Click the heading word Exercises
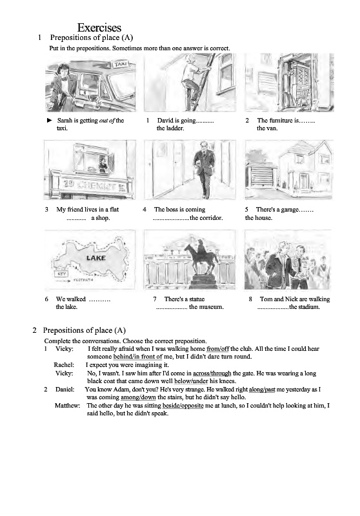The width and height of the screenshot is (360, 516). [x=99, y=27]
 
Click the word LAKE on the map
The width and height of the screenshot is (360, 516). [x=95, y=257]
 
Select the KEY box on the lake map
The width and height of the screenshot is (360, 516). [x=61, y=273]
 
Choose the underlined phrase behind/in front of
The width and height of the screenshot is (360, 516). [x=137, y=357]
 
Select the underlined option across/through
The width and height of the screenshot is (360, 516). [x=212, y=373]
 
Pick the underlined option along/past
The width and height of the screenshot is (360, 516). [x=261, y=390]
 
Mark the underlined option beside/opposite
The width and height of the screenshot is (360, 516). [x=183, y=406]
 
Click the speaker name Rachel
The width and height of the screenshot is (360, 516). [x=64, y=365]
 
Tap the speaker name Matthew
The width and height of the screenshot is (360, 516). [x=67, y=406]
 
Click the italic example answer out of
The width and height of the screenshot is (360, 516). [x=106, y=121]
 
